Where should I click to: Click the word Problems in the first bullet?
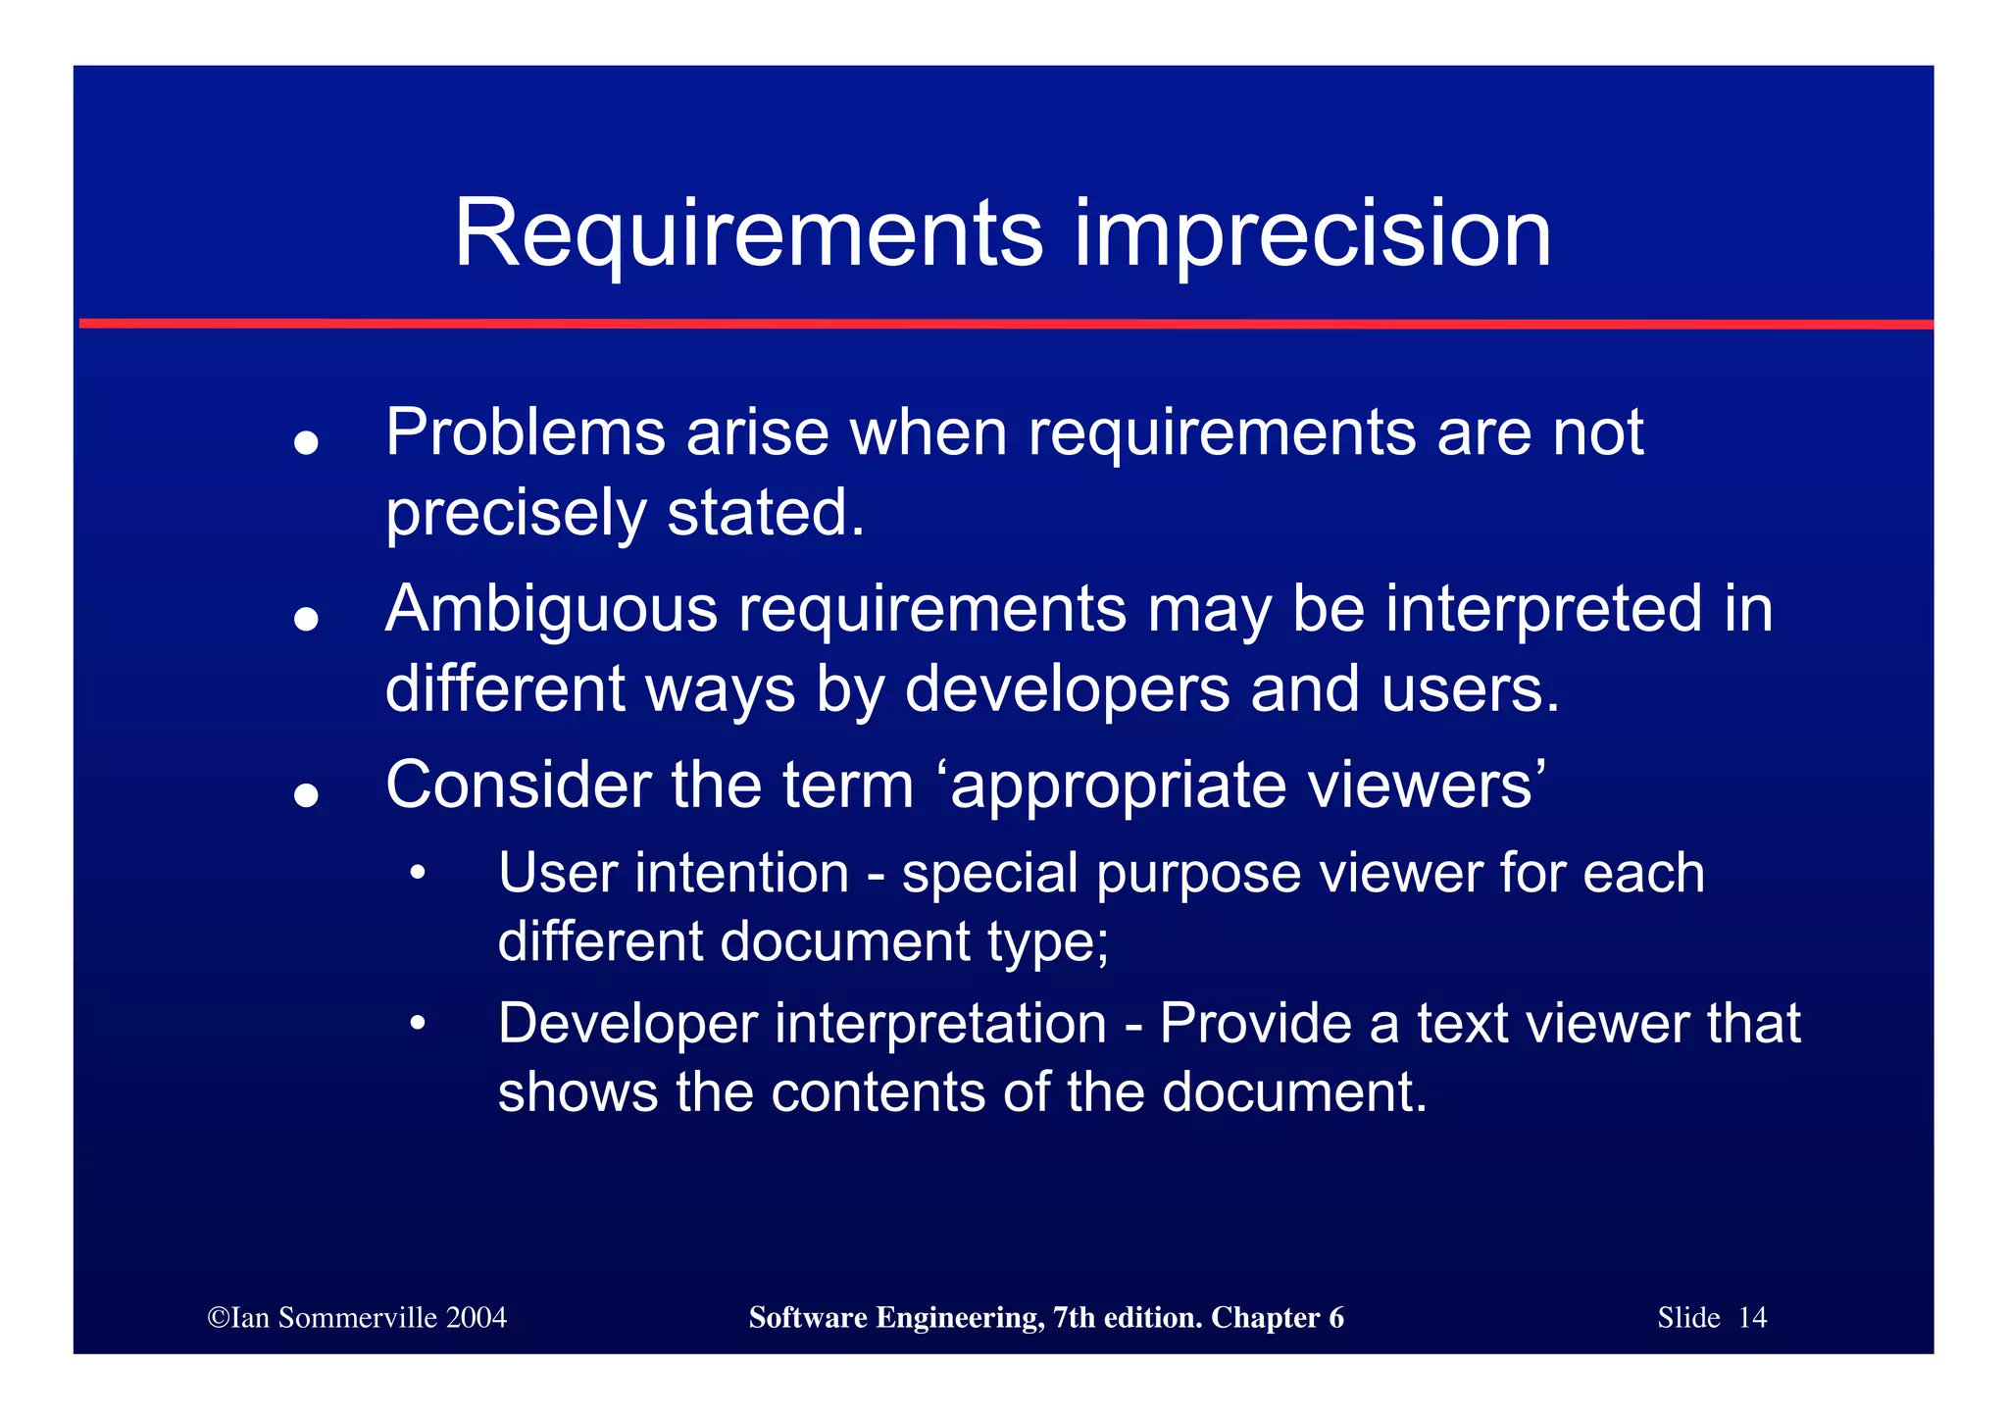pyautogui.click(x=525, y=432)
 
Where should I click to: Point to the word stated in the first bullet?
pyautogui.click(x=765, y=513)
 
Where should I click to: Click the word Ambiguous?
pyautogui.click(x=551, y=609)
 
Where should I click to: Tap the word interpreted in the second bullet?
pyautogui.click(x=1544, y=609)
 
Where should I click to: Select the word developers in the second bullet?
pyautogui.click(x=1066, y=689)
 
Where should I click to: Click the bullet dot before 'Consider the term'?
pyautogui.click(x=307, y=795)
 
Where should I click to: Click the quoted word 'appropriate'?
pyautogui.click(x=1118, y=787)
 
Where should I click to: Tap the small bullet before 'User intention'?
pyautogui.click(x=418, y=873)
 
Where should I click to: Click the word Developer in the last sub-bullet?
pyautogui.click(x=627, y=1024)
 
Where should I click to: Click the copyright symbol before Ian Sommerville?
pyautogui.click(x=218, y=1318)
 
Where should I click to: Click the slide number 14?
pyautogui.click(x=1752, y=1318)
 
